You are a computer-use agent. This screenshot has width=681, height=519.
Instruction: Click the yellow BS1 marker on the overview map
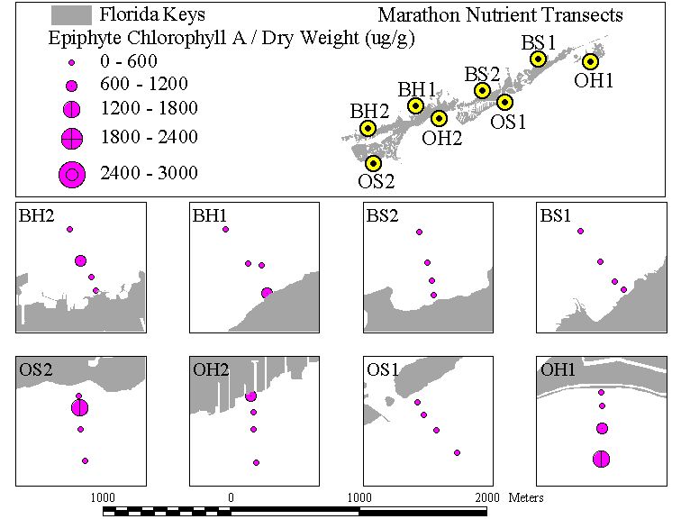[538, 59]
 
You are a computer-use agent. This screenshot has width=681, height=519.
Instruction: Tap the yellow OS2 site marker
[373, 164]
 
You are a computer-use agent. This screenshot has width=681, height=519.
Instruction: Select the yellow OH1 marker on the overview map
[590, 61]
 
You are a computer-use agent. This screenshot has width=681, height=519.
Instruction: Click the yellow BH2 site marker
[368, 128]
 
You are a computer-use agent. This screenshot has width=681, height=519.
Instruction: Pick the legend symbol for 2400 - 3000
[72, 175]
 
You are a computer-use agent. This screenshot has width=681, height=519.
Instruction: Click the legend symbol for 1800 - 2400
[72, 139]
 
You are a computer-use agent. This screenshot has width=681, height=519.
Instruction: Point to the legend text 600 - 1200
[144, 84]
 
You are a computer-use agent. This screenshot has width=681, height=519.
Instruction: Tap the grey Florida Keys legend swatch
[71, 15]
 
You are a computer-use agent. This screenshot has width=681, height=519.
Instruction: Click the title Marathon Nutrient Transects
[500, 15]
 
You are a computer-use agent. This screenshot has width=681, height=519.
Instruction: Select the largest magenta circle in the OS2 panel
[79, 408]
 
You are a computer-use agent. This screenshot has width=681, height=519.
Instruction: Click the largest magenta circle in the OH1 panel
[601, 459]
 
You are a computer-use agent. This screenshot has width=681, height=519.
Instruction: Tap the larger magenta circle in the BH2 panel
[80, 261]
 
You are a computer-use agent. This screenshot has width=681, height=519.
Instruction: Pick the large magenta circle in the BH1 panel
[267, 293]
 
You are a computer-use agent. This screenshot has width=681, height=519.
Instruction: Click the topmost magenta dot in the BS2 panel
[419, 232]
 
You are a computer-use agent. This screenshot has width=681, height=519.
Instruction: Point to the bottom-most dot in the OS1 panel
[457, 452]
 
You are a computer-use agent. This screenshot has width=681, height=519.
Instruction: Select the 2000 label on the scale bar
[487, 497]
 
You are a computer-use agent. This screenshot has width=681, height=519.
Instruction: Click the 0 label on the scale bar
[231, 497]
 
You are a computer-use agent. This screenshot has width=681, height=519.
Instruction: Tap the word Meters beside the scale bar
[526, 497]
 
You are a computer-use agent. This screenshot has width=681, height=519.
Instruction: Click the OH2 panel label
[211, 369]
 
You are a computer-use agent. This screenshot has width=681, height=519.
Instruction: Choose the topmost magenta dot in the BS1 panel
[580, 231]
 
